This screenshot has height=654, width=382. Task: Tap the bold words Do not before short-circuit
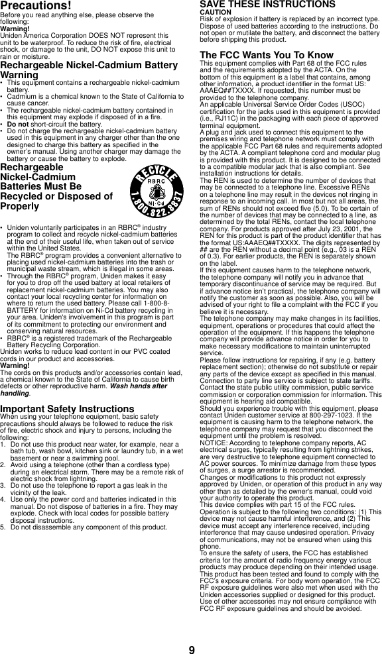[19, 124]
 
